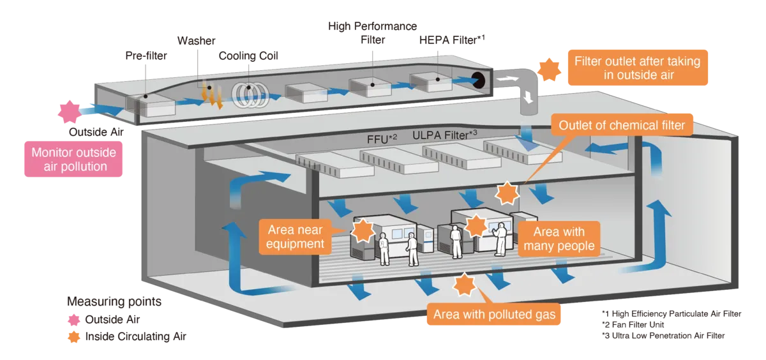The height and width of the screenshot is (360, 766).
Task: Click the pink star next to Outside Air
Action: point(70,112)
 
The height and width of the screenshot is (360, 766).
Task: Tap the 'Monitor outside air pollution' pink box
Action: point(73,159)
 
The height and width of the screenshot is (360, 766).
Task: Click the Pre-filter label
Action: point(146,56)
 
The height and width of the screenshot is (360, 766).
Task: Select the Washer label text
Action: point(197,41)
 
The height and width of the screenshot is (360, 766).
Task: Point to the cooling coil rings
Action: point(250,94)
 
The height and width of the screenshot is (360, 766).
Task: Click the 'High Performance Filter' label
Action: point(372,33)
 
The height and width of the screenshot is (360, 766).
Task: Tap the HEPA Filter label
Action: point(452,40)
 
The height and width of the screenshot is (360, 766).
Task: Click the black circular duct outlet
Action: point(478,80)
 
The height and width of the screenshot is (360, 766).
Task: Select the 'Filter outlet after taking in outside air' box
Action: point(638,68)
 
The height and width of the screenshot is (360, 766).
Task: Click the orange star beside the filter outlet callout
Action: point(549,70)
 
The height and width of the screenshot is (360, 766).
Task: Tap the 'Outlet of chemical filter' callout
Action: point(622,125)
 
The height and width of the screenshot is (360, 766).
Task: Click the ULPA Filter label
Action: point(444,135)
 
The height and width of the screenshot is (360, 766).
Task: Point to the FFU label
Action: point(382,139)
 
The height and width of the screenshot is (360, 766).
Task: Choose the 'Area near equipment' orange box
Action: point(295,237)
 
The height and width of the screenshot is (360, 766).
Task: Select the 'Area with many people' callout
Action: point(559,239)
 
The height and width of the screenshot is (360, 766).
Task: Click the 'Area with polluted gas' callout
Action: point(494,314)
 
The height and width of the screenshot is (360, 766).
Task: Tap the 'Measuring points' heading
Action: point(114,301)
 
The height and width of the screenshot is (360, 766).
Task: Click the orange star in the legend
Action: point(74,337)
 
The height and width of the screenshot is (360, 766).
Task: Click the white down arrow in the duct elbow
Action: point(529,97)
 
